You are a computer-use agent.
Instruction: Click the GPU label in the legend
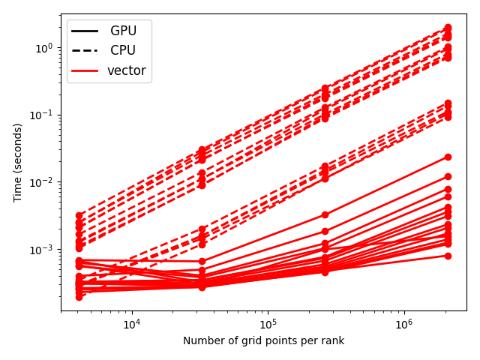[x=123, y=31]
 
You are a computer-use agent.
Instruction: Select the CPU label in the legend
[x=123, y=50]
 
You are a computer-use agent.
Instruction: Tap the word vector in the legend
[x=127, y=70]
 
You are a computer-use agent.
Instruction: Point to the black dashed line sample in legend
[x=85, y=50]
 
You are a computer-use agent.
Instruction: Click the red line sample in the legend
[x=85, y=70]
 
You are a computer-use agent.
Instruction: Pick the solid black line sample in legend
[x=85, y=31]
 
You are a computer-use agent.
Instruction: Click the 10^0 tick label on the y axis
[x=44, y=48]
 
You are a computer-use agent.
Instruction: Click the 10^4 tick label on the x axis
[x=132, y=323]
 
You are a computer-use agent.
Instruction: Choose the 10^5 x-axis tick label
[x=268, y=323]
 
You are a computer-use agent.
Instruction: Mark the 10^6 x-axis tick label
[x=405, y=323]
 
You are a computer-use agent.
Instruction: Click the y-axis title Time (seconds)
[x=18, y=163]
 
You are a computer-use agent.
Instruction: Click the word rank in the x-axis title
[x=335, y=340]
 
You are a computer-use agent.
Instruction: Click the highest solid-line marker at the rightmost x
[x=448, y=157]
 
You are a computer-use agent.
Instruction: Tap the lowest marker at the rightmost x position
[x=448, y=256]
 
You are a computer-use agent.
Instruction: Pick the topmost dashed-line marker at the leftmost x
[x=79, y=215]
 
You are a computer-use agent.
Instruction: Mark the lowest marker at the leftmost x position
[x=79, y=297]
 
